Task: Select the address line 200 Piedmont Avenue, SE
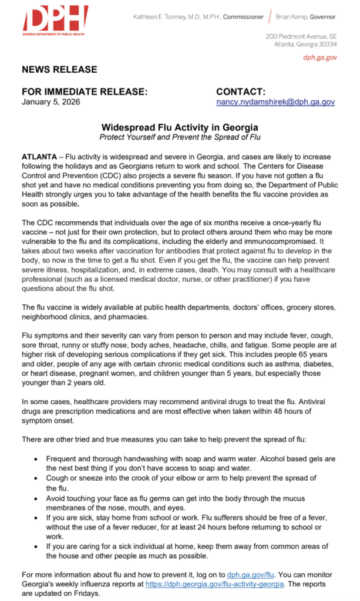click(301, 36)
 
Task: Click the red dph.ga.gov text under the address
click(320, 57)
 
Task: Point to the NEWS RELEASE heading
click(59, 70)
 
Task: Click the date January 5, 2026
click(51, 102)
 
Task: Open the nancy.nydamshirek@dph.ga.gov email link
click(275, 102)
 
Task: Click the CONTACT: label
click(241, 92)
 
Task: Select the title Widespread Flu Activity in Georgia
click(180, 127)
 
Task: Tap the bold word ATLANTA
click(40, 157)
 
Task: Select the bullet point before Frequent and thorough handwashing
click(38, 458)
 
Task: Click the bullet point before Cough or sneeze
click(38, 479)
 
